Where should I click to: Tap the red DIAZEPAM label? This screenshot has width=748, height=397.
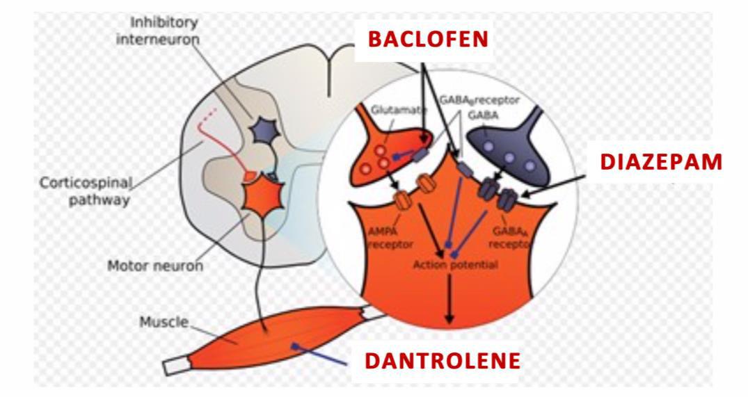661,162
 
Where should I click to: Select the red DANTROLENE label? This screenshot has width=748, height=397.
442,360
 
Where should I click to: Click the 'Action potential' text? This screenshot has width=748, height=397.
446,265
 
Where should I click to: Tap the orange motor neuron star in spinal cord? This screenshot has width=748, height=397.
260,197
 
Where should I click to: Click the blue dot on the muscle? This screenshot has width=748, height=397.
294,344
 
